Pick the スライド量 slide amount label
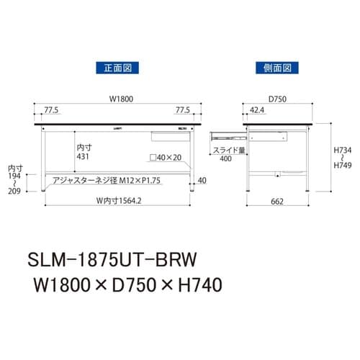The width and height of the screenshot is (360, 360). [x=228, y=150]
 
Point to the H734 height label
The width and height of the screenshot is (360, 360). [x=342, y=150]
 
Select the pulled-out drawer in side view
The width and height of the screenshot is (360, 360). [x=229, y=134]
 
